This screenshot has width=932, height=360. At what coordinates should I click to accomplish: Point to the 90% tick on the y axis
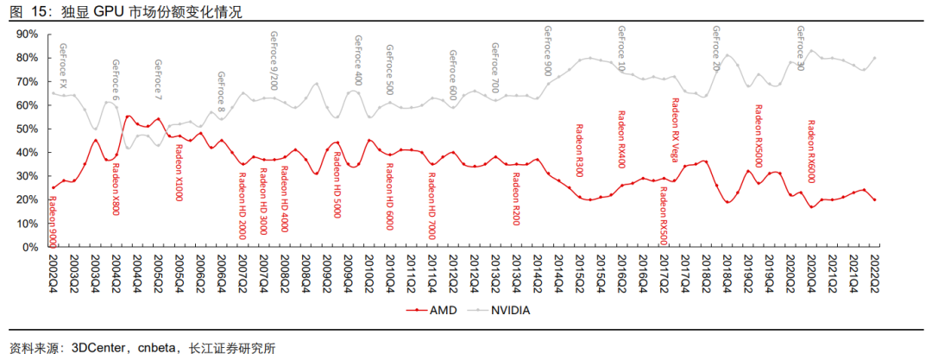(27, 34)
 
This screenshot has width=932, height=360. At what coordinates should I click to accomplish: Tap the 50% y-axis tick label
(27, 129)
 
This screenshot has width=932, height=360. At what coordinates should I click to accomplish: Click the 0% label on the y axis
(30, 247)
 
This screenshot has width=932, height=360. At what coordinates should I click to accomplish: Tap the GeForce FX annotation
(62, 63)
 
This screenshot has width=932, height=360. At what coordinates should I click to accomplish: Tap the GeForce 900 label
(547, 51)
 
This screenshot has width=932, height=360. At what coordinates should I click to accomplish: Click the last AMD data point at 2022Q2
(875, 199)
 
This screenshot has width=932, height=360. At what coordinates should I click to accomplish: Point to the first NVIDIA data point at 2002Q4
(53, 92)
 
